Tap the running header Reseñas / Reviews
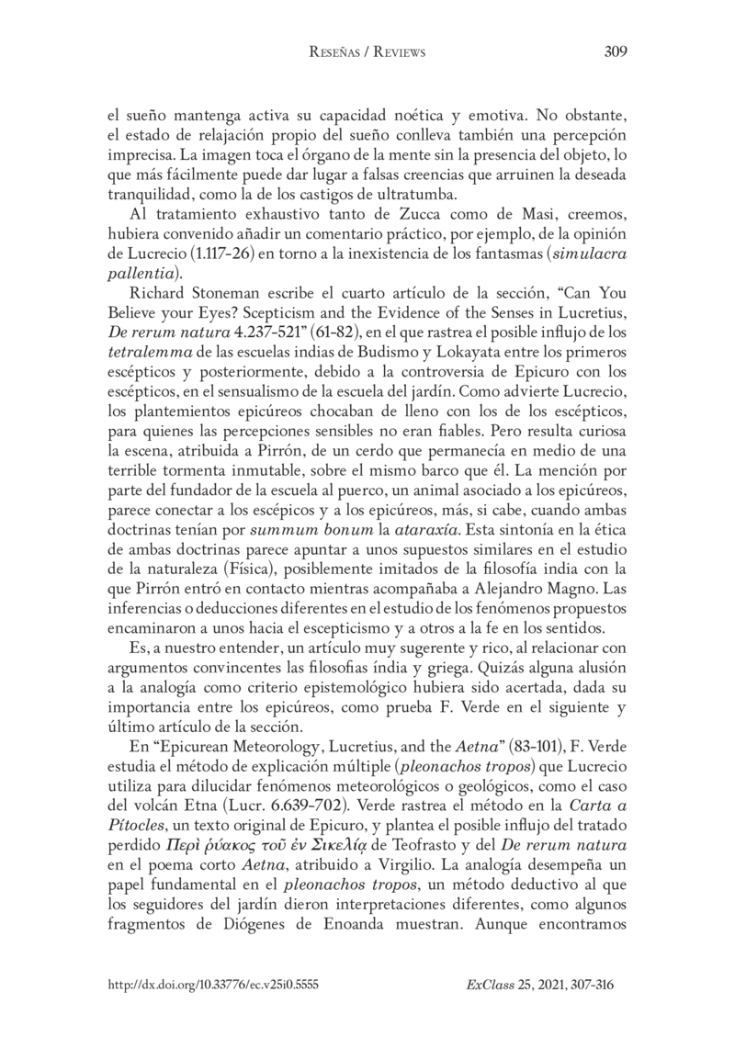[367, 53]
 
